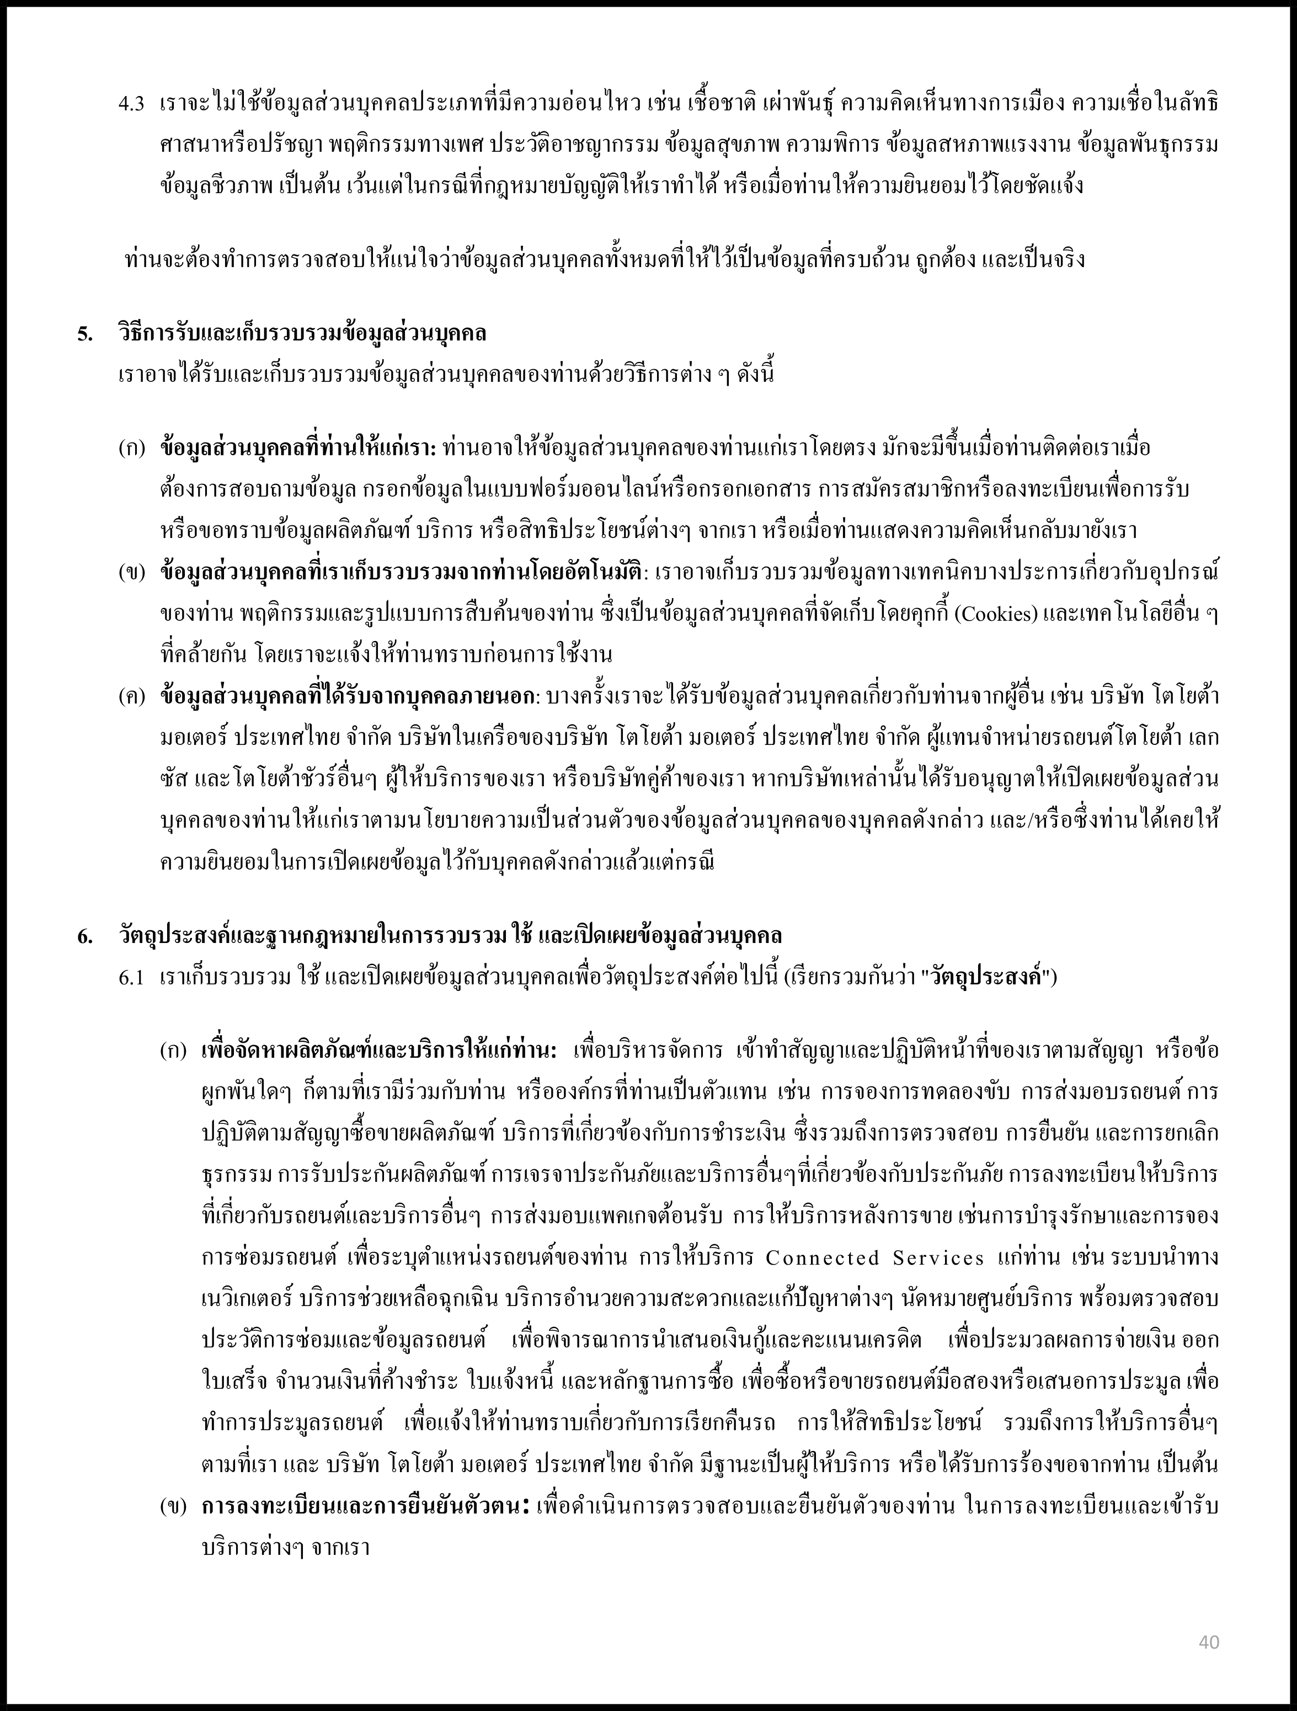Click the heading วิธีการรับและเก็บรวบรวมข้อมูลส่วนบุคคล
(302, 334)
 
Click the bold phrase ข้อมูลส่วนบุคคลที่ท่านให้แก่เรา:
(298, 449)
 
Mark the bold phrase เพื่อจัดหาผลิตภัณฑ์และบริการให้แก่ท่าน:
(379, 1051)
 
